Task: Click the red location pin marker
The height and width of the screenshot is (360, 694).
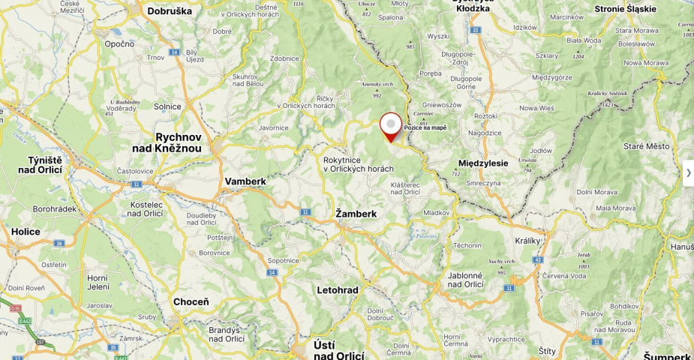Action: point(391,126)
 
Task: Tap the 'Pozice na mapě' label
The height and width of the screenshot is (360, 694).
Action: point(425,127)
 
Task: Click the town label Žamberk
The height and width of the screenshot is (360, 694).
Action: point(356,214)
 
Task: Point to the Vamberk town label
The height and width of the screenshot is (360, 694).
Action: point(245,181)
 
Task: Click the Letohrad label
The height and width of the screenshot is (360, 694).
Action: point(338,289)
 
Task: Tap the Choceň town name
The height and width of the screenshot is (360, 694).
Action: point(191,301)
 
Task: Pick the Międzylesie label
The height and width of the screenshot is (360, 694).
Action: point(483,163)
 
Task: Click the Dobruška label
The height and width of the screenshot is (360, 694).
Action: point(170,11)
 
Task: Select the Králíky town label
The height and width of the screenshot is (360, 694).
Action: point(528,241)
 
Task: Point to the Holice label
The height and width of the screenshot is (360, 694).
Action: point(26,232)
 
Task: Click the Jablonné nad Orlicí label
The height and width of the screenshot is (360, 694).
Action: point(465,280)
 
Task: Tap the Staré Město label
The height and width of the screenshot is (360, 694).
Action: point(646,146)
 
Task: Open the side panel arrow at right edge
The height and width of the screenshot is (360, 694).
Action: point(688,172)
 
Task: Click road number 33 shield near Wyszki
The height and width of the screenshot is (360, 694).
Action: point(475,30)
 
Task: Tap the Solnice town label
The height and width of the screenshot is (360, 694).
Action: point(167,106)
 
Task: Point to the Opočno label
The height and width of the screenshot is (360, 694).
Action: point(119,43)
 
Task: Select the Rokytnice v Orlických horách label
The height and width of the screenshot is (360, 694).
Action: point(358,164)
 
